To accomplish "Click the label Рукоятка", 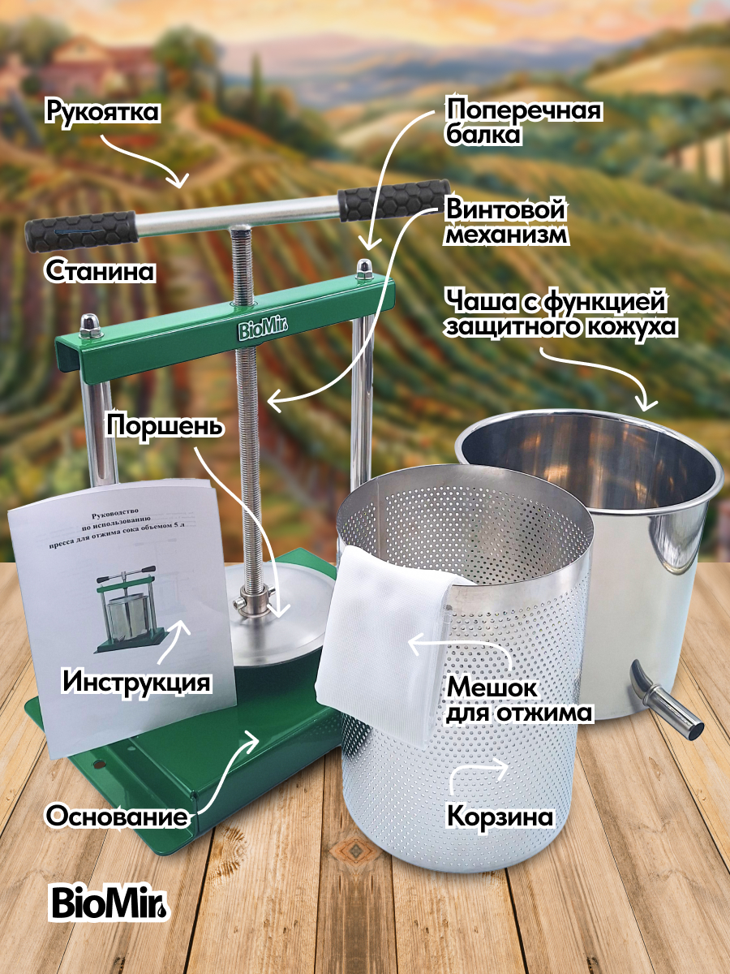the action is coord(101,112).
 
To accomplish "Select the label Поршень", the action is coord(164,426).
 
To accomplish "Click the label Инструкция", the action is coord(135,682).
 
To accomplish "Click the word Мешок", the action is coord(492,688).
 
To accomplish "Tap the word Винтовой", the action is coord(505,209).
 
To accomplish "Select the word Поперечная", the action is coord(523,110).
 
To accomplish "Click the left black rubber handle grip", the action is coord(80,231).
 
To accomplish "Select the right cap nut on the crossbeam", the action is coord(364,269).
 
